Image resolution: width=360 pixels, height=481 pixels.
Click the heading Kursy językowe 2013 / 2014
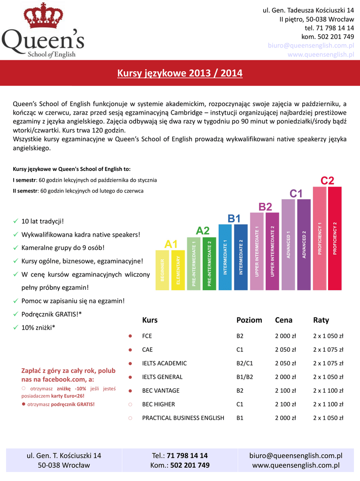pyautogui.click(x=180, y=73)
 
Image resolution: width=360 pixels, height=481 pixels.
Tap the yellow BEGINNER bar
pyautogui.click(x=162, y=270)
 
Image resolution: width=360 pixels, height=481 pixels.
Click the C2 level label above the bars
pyautogui.click(x=327, y=181)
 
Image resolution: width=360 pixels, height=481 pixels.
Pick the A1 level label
pyautogui.click(x=171, y=244)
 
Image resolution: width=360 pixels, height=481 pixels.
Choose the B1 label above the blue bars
pyautogui.click(x=234, y=218)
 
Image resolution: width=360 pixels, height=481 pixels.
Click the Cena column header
pyautogui.click(x=283, y=320)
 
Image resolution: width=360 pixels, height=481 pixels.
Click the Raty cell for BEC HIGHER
pyautogui.click(x=328, y=404)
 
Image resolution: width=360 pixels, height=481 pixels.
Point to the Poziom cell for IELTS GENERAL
pyautogui.click(x=245, y=377)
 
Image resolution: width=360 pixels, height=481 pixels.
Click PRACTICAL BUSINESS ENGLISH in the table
pyautogui.click(x=183, y=418)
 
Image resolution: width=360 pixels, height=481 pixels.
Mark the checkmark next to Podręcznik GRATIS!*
pyautogui.click(x=15, y=314)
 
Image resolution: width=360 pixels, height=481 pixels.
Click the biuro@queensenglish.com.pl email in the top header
pyautogui.click(x=311, y=46)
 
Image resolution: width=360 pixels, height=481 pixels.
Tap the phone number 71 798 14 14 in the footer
pyautogui.click(x=187, y=456)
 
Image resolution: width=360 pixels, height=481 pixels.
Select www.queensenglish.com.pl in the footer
pyautogui.click(x=296, y=465)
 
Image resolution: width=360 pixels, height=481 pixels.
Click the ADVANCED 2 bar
pyautogui.click(x=304, y=244)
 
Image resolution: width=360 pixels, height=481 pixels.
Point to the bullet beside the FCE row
pyautogui.click(x=130, y=336)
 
